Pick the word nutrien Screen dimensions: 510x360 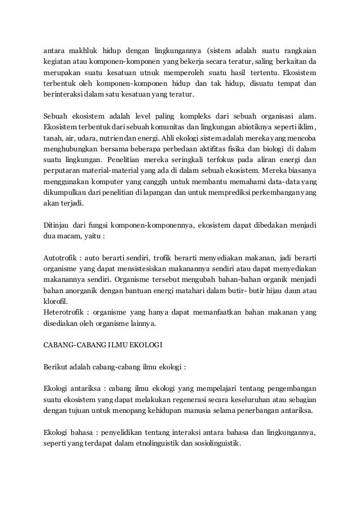[x=139, y=140]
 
